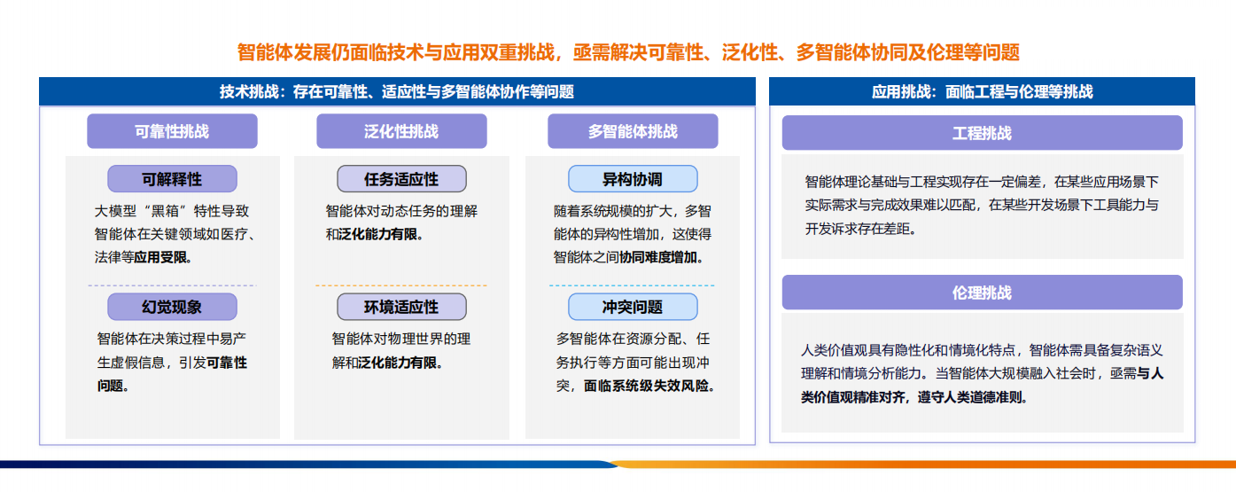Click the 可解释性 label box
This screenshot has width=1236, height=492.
pyautogui.click(x=172, y=179)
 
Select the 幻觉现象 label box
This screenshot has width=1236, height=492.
pyautogui.click(x=172, y=307)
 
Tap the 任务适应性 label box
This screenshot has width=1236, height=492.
pyautogui.click(x=401, y=179)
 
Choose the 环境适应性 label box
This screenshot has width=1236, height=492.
pyautogui.click(x=401, y=307)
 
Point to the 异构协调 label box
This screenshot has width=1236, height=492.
pyautogui.click(x=633, y=179)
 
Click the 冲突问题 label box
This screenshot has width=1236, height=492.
pyautogui.click(x=633, y=307)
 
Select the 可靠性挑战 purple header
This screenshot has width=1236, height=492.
pyautogui.click(x=172, y=131)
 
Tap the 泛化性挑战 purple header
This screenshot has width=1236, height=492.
pyautogui.click(x=401, y=131)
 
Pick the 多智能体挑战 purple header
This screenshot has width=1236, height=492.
pyautogui.click(x=633, y=131)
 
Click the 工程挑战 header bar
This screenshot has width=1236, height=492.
pyautogui.click(x=983, y=132)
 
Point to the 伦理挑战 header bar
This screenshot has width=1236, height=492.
pyautogui.click(x=983, y=293)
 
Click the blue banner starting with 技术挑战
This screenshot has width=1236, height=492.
pyautogui.click(x=397, y=91)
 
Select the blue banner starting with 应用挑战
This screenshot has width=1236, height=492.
pyautogui.click(x=983, y=91)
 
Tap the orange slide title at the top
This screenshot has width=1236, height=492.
pyautogui.click(x=628, y=52)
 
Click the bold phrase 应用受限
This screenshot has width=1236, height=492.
pyautogui.click(x=160, y=257)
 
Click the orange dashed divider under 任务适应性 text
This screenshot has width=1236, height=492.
pyautogui.click(x=401, y=285)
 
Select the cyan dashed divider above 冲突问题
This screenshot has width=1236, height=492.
pyautogui.click(x=632, y=285)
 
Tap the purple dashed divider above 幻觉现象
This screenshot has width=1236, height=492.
pyautogui.click(x=172, y=285)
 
